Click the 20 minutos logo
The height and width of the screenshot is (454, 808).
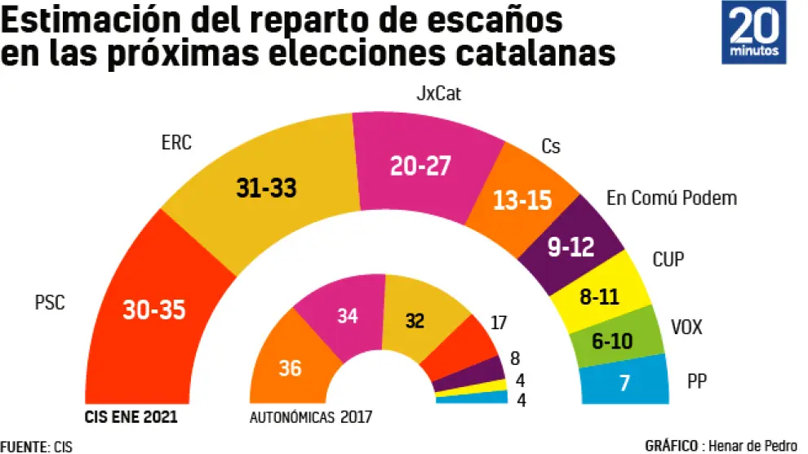pos(753,33)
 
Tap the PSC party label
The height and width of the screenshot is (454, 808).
pos(49,303)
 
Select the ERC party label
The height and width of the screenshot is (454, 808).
pos(176,143)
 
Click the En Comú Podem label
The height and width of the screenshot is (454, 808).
pos(672,198)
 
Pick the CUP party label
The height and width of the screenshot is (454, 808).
pos(668,260)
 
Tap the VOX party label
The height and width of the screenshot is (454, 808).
pos(686,328)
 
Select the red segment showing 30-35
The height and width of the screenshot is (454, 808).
pos(154,309)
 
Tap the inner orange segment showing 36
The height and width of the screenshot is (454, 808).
pos(290,368)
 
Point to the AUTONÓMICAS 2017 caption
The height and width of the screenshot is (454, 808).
pos(310,417)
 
